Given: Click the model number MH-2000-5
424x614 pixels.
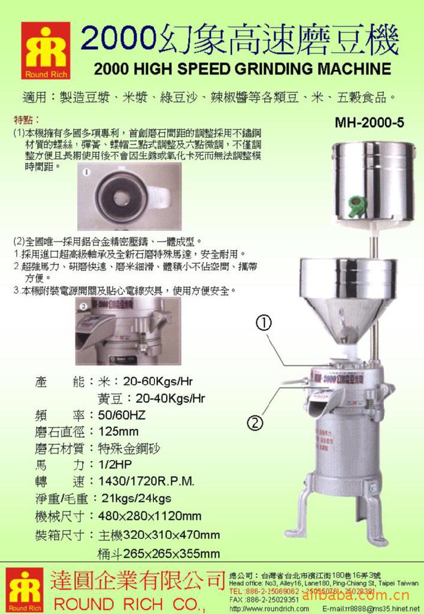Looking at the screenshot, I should (369, 122).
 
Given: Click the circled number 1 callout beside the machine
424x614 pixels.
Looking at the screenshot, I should (265, 323).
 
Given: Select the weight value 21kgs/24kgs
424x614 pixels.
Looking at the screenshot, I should (137, 498).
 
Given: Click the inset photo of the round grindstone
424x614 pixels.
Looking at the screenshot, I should (128, 196).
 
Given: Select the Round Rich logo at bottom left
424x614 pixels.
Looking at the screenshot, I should (25, 590).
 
